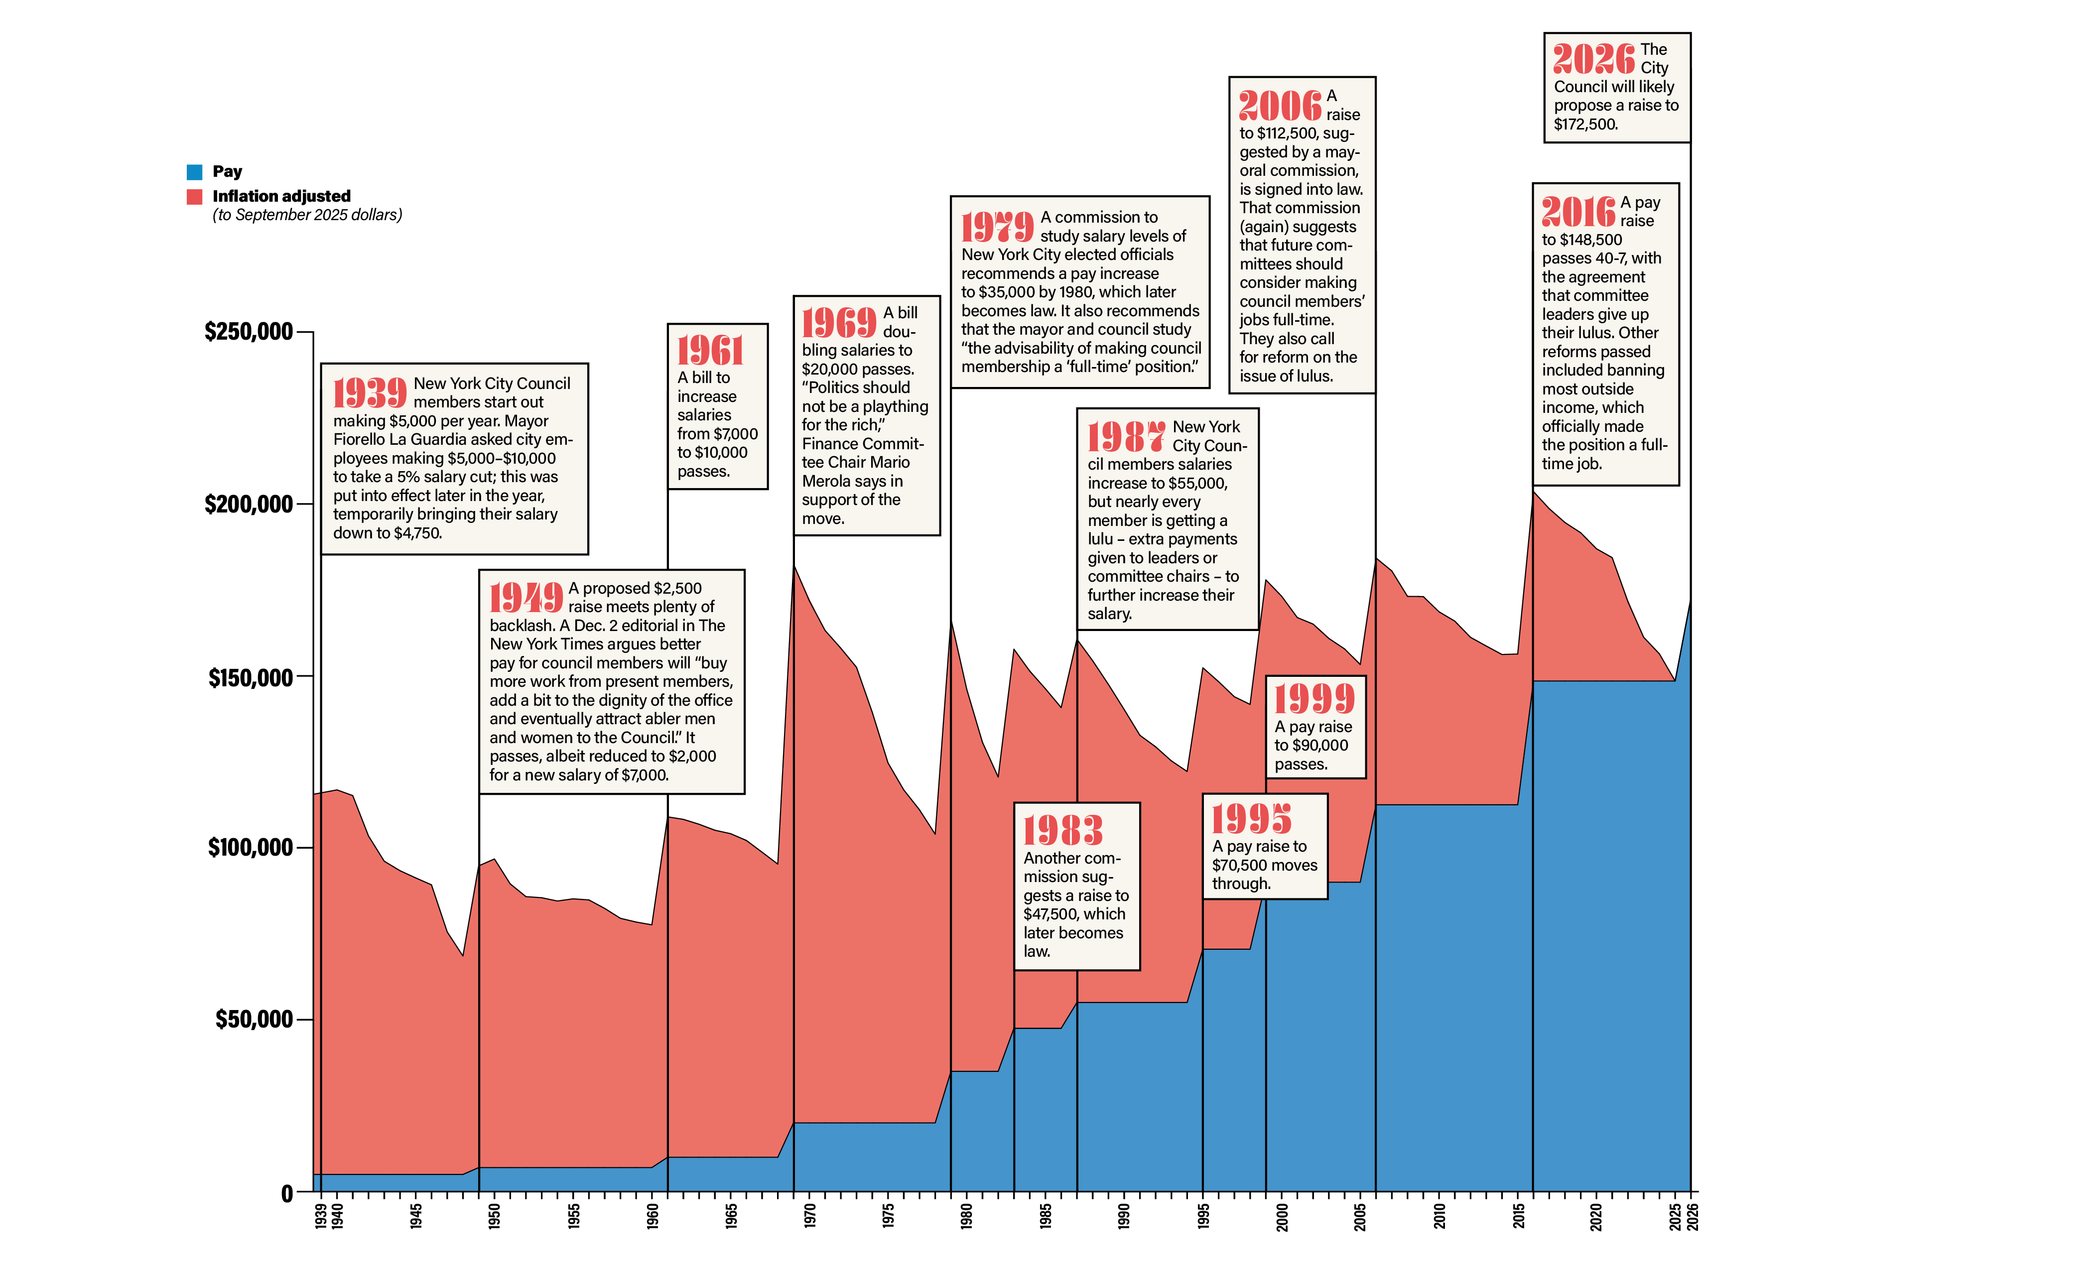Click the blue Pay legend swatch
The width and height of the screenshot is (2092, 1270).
(x=194, y=171)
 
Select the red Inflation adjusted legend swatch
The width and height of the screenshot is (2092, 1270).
(x=194, y=197)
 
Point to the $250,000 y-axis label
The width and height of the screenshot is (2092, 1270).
(x=249, y=331)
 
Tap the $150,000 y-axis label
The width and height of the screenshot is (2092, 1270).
(x=251, y=677)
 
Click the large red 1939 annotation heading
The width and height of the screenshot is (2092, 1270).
(x=369, y=393)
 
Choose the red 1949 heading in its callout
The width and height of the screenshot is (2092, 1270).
(x=525, y=598)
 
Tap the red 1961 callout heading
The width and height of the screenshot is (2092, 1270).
(x=710, y=351)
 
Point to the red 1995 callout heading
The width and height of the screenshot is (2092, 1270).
(x=1251, y=819)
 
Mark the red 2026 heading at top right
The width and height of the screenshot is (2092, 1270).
(x=1593, y=59)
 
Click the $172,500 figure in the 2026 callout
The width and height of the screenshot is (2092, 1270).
(x=1585, y=124)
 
